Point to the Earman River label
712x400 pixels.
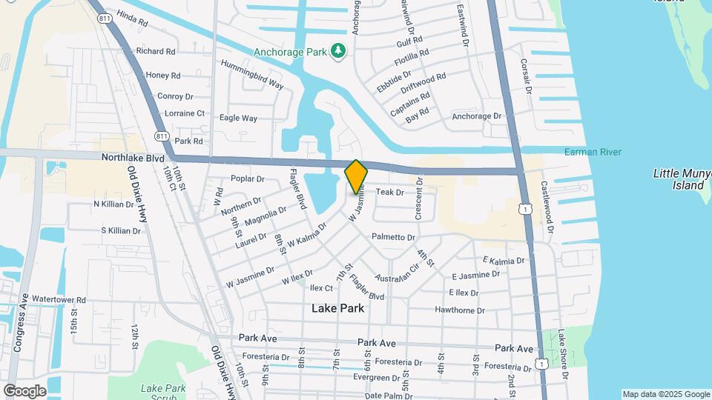coord(593,152)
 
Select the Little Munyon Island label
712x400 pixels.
coord(682,179)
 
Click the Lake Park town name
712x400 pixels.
coord(337,307)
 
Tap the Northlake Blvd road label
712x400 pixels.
coord(113,158)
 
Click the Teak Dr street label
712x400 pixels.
coord(389,192)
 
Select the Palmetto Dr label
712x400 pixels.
coord(393,237)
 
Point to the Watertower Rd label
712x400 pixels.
coord(59,300)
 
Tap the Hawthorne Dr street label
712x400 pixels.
coord(460,310)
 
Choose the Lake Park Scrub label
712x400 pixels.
coord(162,393)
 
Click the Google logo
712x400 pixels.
coord(24,390)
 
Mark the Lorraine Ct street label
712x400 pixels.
coord(184,113)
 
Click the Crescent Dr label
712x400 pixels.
coord(418,198)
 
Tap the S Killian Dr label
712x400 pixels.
coord(121,231)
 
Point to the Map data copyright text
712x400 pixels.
coord(665,394)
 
